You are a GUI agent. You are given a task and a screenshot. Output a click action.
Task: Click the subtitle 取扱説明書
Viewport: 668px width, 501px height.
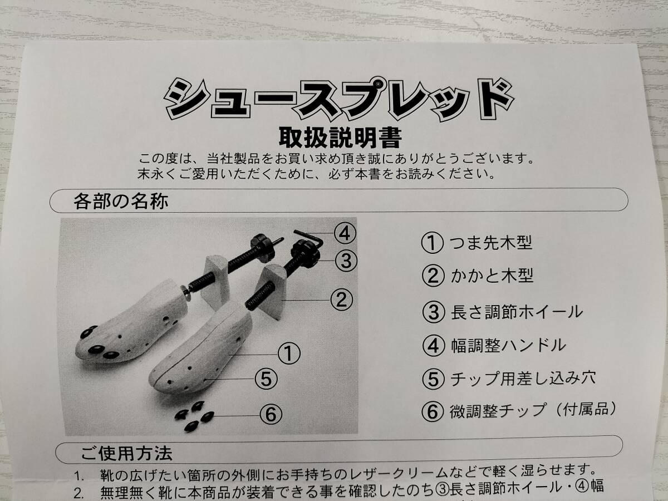tap(340, 138)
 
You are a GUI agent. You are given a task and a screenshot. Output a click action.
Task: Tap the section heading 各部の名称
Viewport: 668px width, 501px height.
tap(121, 201)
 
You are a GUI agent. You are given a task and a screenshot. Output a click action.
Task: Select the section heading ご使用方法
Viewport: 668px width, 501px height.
tap(126, 453)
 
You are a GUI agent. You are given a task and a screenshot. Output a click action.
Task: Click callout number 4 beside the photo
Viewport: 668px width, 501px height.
tap(345, 234)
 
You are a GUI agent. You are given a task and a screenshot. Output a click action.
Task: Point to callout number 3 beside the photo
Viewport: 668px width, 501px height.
tap(346, 261)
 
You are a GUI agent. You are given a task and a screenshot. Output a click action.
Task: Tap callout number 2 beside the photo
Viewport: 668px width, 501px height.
tap(341, 299)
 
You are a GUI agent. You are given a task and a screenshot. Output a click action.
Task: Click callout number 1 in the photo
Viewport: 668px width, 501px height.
tap(289, 353)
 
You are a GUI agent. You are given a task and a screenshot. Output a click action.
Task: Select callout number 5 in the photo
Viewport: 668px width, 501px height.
tap(266, 379)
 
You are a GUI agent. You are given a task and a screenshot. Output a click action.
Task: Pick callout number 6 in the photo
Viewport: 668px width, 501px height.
tap(271, 414)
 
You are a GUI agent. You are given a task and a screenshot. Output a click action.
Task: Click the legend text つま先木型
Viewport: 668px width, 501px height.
tap(491, 243)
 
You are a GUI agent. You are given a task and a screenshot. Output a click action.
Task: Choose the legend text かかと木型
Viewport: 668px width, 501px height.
tap(492, 276)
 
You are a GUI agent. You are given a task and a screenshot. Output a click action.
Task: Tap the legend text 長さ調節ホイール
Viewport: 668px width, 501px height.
tap(517, 312)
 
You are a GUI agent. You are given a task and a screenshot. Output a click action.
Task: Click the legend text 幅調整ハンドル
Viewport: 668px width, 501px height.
tap(508, 346)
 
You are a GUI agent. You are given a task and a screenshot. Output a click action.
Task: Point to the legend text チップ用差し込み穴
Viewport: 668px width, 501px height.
tap(523, 378)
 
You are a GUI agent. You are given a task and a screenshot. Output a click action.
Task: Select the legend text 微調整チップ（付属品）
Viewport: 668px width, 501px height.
tap(533, 410)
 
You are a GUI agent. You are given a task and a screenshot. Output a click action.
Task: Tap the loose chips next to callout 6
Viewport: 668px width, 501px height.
tap(194, 416)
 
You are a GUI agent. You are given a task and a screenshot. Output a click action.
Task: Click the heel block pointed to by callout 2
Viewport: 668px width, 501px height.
tap(270, 291)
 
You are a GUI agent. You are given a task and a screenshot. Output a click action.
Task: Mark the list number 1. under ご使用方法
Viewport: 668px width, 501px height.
tap(79, 476)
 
